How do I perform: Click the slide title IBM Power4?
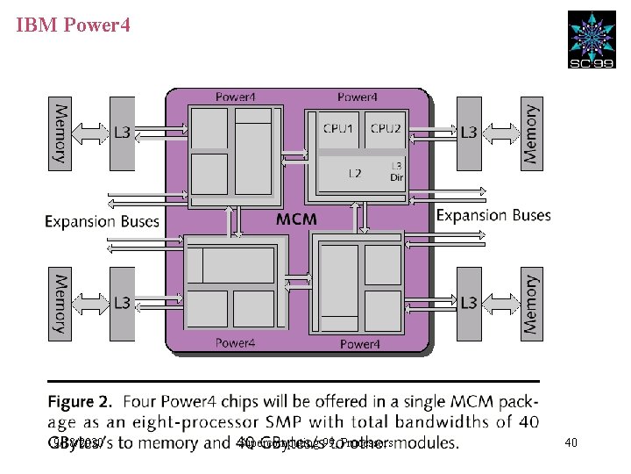point(74,25)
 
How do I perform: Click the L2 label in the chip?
point(354,173)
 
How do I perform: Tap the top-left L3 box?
point(123,133)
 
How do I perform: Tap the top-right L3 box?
point(469,133)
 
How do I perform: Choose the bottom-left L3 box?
point(123,303)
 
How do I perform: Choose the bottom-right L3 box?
point(469,303)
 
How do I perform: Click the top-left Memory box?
point(60,133)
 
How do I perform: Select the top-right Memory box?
point(530,133)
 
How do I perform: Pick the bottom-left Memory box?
point(60,303)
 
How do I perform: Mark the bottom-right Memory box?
point(530,303)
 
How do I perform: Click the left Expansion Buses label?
point(102,221)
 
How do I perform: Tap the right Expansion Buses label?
point(493,215)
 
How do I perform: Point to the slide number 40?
point(571,443)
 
